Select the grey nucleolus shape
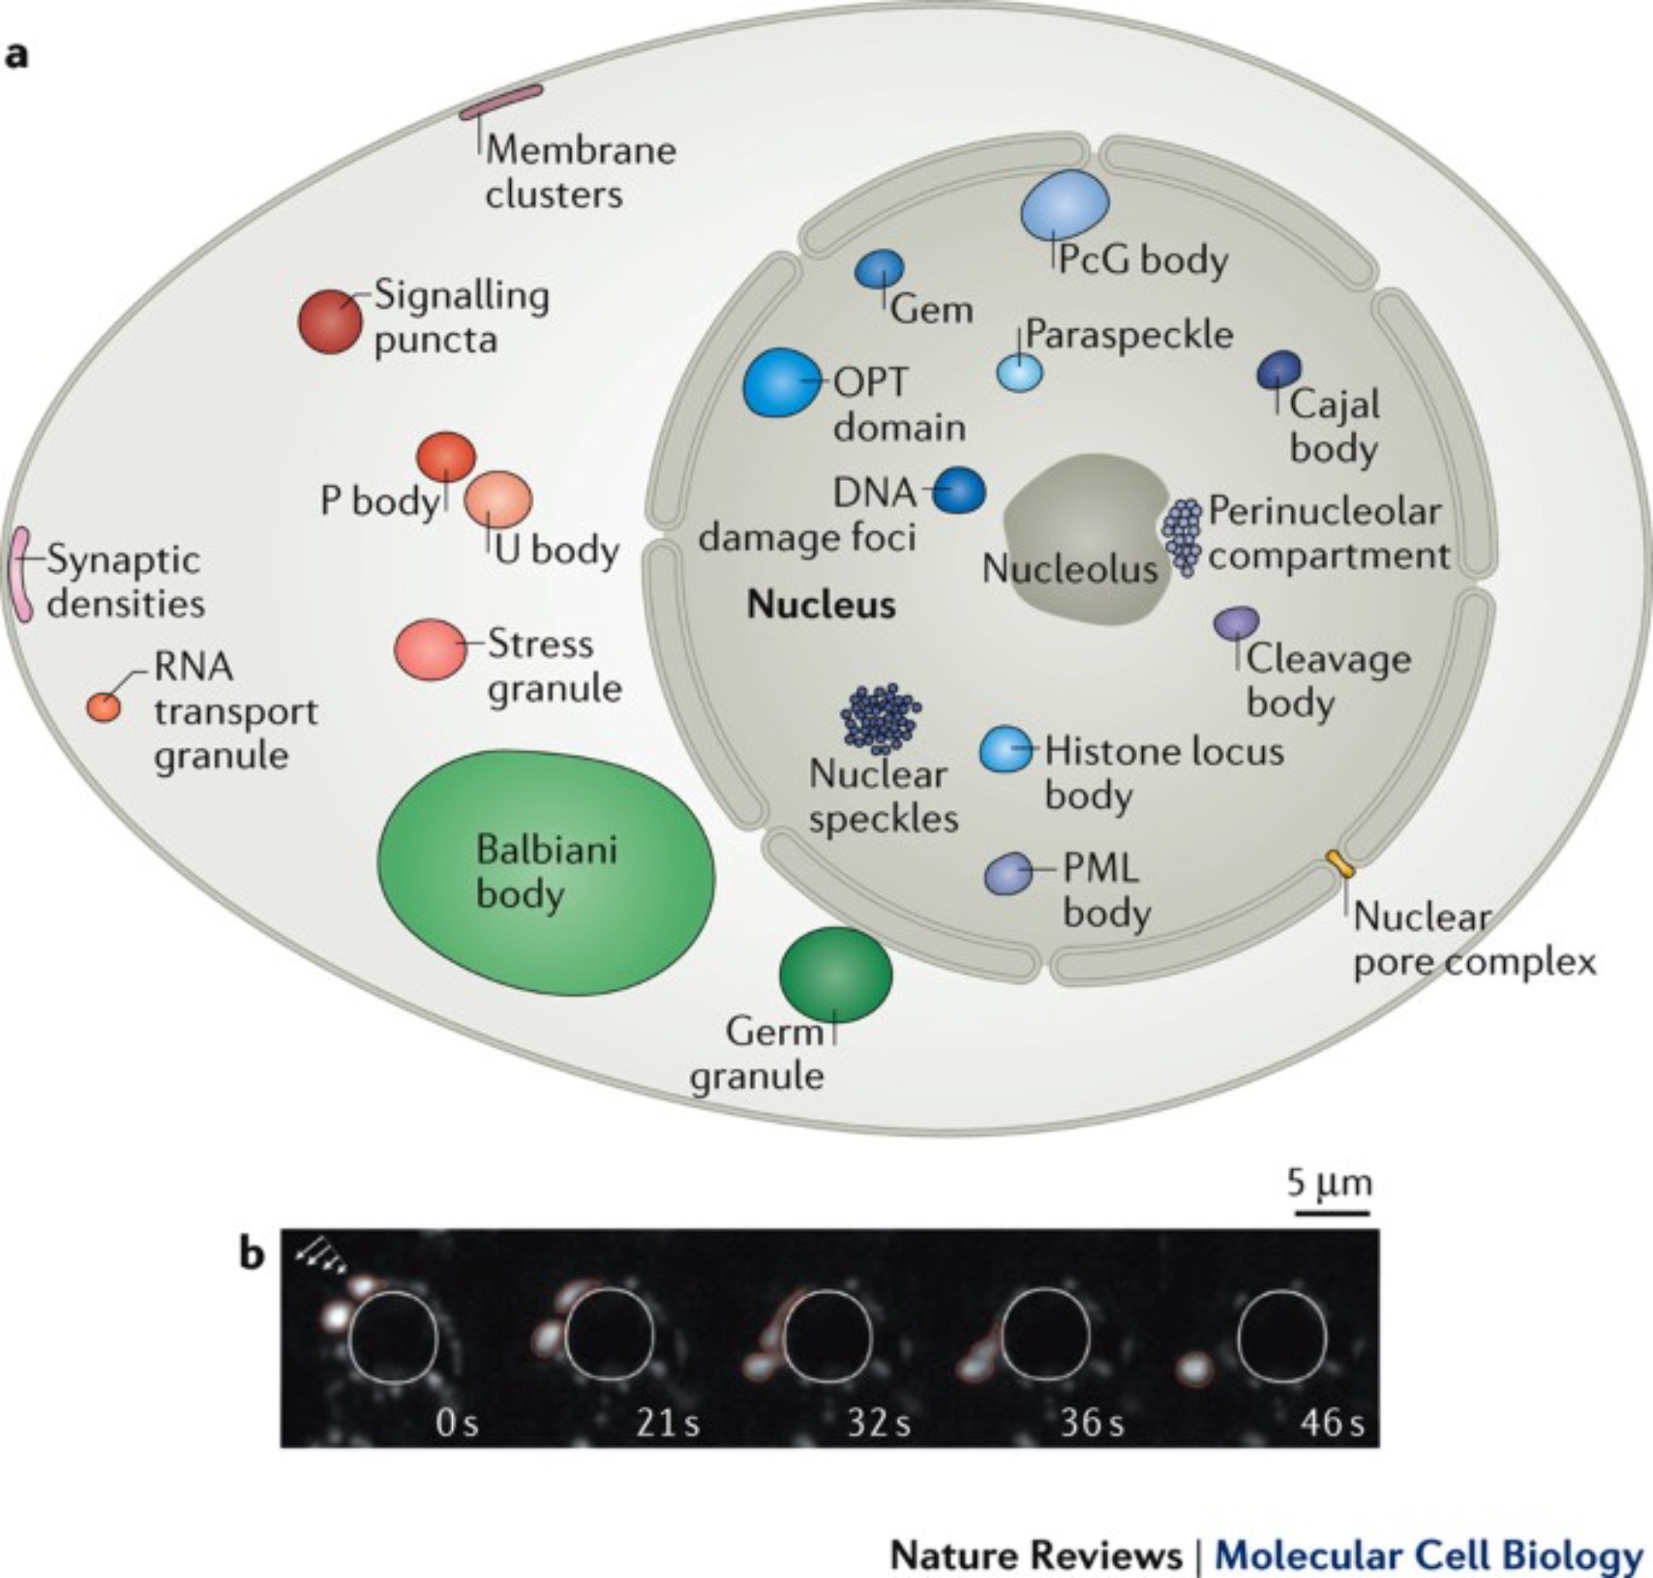click(x=1085, y=538)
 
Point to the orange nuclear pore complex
click(x=1340, y=865)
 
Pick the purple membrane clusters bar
click(x=502, y=102)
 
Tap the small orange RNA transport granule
click(x=104, y=707)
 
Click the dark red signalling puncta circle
click(x=331, y=322)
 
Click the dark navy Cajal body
click(x=1279, y=370)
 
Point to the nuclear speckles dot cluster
click(x=881, y=716)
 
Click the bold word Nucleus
click(x=821, y=605)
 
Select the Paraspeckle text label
click(x=1129, y=335)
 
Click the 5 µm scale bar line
click(x=1331, y=1213)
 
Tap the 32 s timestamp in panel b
click(x=879, y=1423)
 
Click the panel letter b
click(x=251, y=1254)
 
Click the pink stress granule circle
click(x=431, y=649)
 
